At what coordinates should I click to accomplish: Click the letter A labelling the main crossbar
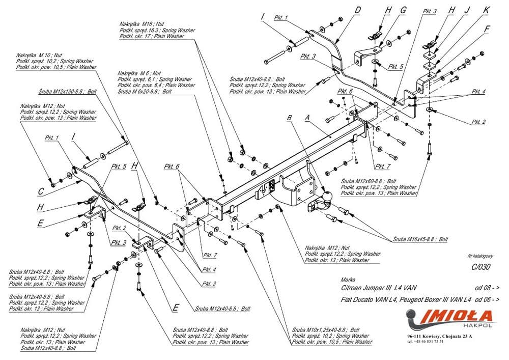[x=307, y=116]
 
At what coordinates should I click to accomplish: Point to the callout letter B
[x=290, y=117]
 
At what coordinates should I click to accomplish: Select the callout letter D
[x=358, y=9]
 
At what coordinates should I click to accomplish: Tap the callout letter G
[x=404, y=10]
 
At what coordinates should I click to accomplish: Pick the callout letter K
[x=486, y=9]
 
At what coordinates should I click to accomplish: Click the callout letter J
[x=467, y=9]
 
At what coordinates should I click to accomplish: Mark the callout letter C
[x=41, y=191]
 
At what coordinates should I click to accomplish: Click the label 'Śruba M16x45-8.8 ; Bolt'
[x=420, y=239]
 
